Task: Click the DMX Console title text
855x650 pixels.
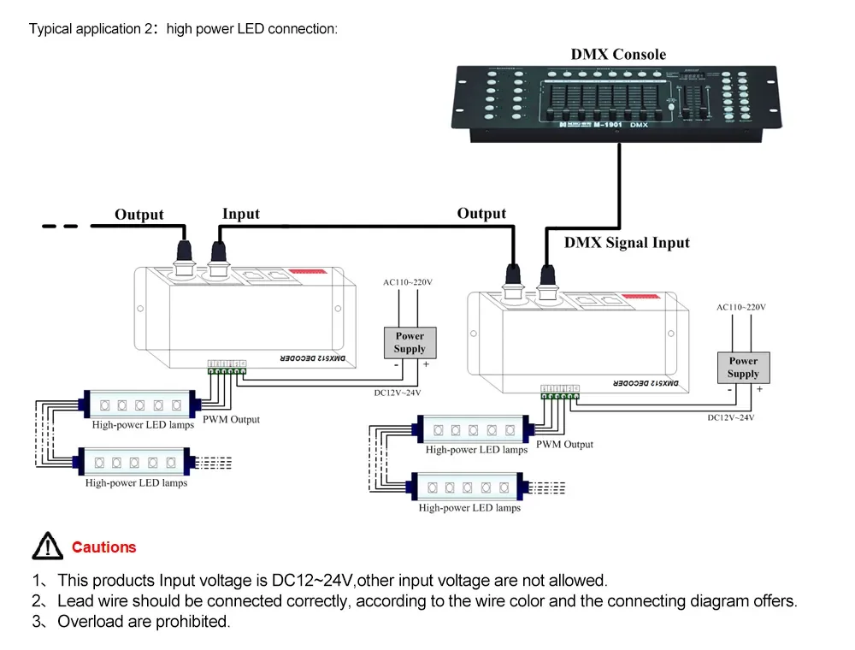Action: [618, 55]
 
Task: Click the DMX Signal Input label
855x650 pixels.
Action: [626, 243]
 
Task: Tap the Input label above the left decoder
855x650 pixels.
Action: [240, 214]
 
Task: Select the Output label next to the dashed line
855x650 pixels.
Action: [139, 215]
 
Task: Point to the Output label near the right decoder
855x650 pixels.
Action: [481, 214]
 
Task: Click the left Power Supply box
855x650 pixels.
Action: [410, 342]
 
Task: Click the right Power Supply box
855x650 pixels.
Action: [743, 368]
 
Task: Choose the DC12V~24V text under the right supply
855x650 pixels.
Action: [731, 418]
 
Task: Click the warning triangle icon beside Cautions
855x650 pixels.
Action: [48, 546]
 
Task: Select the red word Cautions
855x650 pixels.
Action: [103, 547]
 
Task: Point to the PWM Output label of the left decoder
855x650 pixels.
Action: [231, 420]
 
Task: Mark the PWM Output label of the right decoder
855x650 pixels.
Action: [564, 445]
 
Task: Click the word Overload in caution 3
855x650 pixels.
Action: [90, 622]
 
